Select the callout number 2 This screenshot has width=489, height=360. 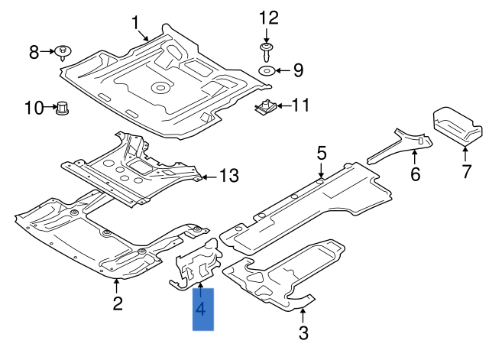pyautogui.click(x=118, y=304)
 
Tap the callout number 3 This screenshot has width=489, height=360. pyautogui.click(x=303, y=332)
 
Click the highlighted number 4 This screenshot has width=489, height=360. pyautogui.click(x=202, y=309)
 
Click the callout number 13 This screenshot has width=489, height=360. pyautogui.click(x=229, y=176)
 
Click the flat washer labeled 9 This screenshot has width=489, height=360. pyautogui.click(x=266, y=71)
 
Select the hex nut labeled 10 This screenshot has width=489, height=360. pyautogui.click(x=63, y=109)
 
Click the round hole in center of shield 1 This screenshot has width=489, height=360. pyautogui.click(x=161, y=87)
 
